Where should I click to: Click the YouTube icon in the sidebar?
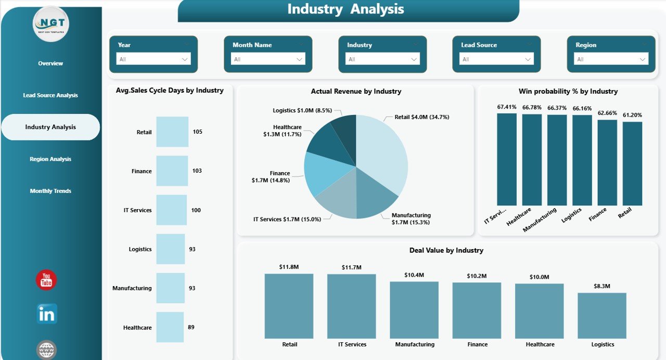(x=46, y=280)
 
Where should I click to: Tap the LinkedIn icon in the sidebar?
(x=47, y=314)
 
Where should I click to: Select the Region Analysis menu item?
(x=50, y=159)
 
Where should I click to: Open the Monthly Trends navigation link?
(x=50, y=191)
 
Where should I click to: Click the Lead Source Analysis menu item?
(x=50, y=95)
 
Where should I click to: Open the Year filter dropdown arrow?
(x=185, y=59)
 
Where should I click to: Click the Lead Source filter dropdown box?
(x=496, y=59)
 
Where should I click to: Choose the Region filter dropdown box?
(x=611, y=59)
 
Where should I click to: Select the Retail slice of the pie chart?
(x=382, y=151)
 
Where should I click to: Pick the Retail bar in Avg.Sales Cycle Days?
(x=172, y=132)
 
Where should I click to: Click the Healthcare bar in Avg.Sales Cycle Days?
(x=170, y=327)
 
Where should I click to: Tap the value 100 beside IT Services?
(x=196, y=210)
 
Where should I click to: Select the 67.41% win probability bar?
(x=507, y=159)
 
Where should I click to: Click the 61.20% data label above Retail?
(x=632, y=115)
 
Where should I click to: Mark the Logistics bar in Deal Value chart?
(x=602, y=315)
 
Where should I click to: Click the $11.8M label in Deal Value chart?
(x=289, y=267)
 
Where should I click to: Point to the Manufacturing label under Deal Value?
(x=415, y=344)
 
